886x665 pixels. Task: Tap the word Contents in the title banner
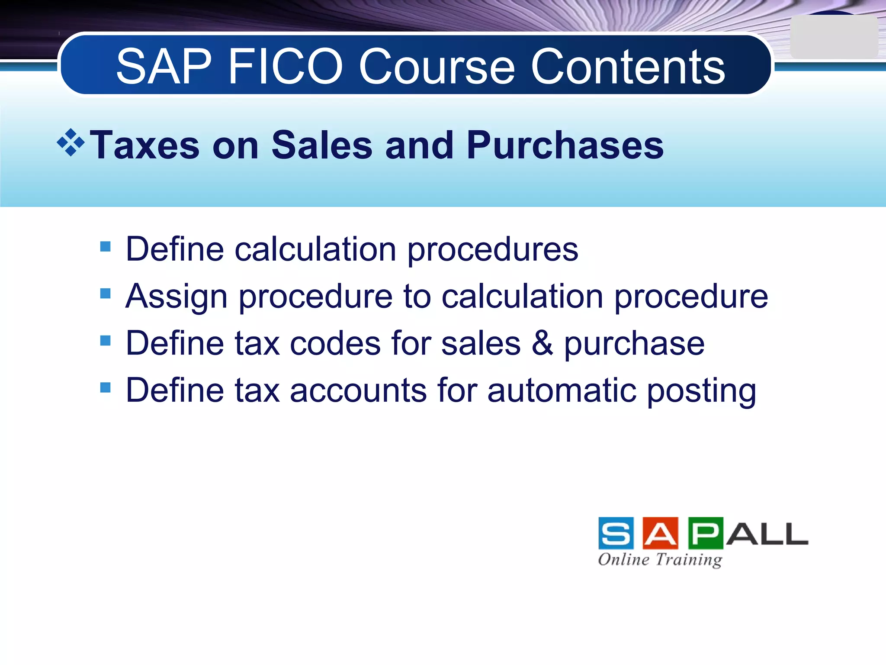click(x=628, y=67)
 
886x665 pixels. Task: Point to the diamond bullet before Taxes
click(x=71, y=142)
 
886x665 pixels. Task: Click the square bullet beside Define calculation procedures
click(x=105, y=247)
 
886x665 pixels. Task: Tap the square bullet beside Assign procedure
click(x=105, y=294)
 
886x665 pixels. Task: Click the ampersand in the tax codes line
click(x=542, y=343)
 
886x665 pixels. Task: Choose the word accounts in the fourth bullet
click(x=358, y=390)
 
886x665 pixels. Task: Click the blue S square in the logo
click(x=616, y=533)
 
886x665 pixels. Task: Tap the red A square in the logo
click(x=661, y=533)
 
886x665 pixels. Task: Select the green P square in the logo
click(x=706, y=533)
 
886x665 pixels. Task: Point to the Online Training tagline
click(x=660, y=559)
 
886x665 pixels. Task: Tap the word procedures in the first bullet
click(x=493, y=250)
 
